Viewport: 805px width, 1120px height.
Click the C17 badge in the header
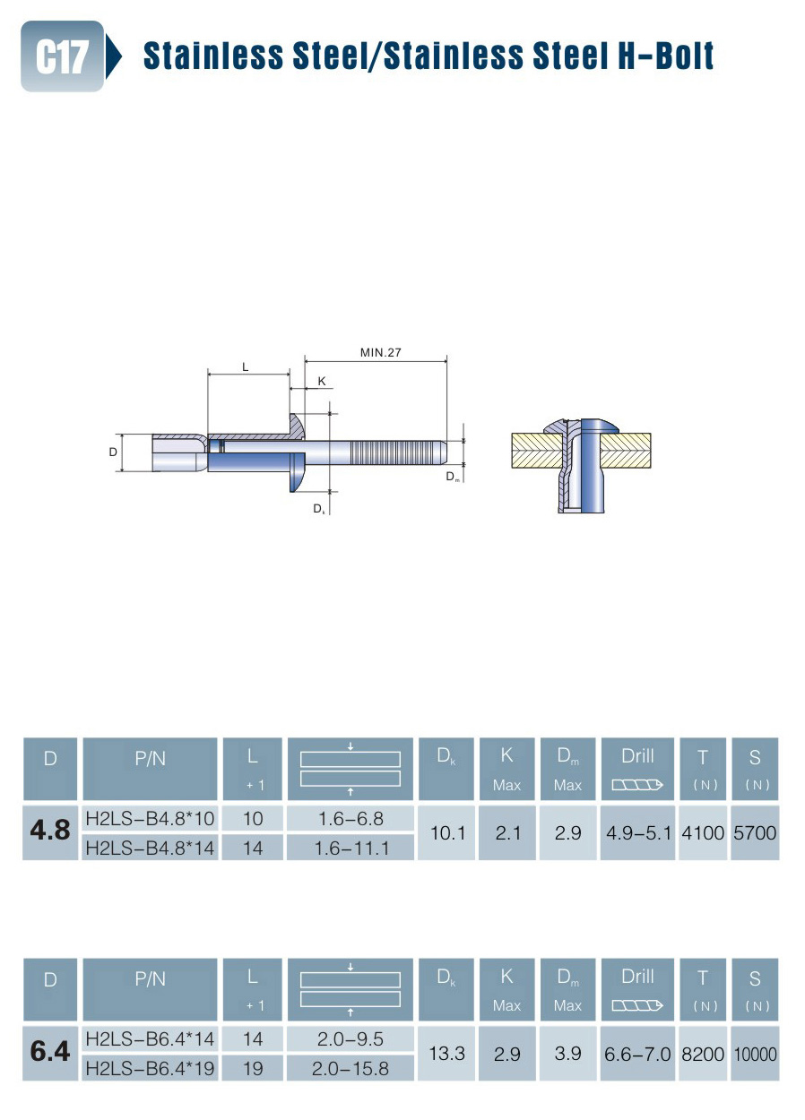coord(62,56)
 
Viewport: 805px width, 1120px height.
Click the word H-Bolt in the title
coord(665,55)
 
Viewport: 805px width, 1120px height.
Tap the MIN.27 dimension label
coord(380,352)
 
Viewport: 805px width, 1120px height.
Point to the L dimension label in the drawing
coord(245,367)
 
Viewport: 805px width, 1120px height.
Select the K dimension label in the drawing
coord(322,381)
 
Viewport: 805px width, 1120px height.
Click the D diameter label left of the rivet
coord(113,452)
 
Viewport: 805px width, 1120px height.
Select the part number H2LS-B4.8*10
coord(150,819)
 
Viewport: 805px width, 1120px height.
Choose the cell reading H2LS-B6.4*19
coord(150,1069)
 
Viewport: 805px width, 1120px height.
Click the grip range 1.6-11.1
coord(351,848)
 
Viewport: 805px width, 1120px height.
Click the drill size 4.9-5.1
coord(638,833)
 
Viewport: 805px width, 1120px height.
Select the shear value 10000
coord(755,1054)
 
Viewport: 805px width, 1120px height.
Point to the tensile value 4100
coord(703,833)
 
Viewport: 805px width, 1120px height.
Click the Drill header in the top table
coord(637,756)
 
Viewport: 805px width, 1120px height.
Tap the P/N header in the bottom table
coord(150,979)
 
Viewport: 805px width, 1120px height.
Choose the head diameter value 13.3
coord(447,1054)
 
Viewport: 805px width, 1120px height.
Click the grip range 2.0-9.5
coord(351,1039)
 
